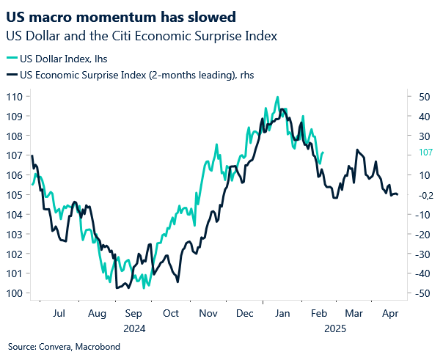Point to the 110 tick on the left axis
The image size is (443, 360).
(15, 97)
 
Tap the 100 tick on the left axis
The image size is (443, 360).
(15, 293)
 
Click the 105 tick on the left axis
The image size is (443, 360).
(15, 195)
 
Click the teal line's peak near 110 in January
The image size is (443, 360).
(277, 97)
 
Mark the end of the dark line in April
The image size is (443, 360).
(398, 194)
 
